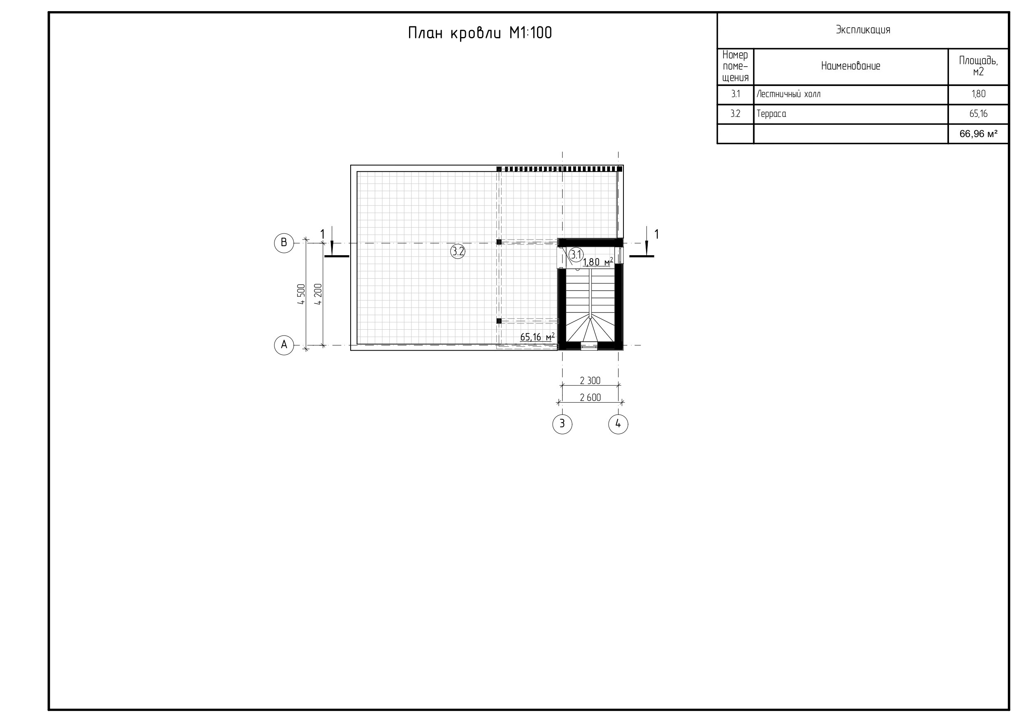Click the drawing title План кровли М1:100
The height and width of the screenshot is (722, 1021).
(x=480, y=33)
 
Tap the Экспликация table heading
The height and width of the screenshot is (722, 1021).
(x=863, y=30)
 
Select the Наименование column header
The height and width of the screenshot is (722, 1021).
(x=851, y=66)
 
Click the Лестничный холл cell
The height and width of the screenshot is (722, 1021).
(x=788, y=94)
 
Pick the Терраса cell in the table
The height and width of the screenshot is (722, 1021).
(x=771, y=114)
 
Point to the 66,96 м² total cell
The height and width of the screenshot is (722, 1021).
(x=978, y=133)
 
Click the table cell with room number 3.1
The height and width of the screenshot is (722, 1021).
(x=735, y=94)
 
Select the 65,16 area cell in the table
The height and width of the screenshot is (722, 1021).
(x=978, y=114)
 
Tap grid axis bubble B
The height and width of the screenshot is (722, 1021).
(x=284, y=243)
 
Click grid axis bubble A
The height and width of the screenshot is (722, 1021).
(x=284, y=345)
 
